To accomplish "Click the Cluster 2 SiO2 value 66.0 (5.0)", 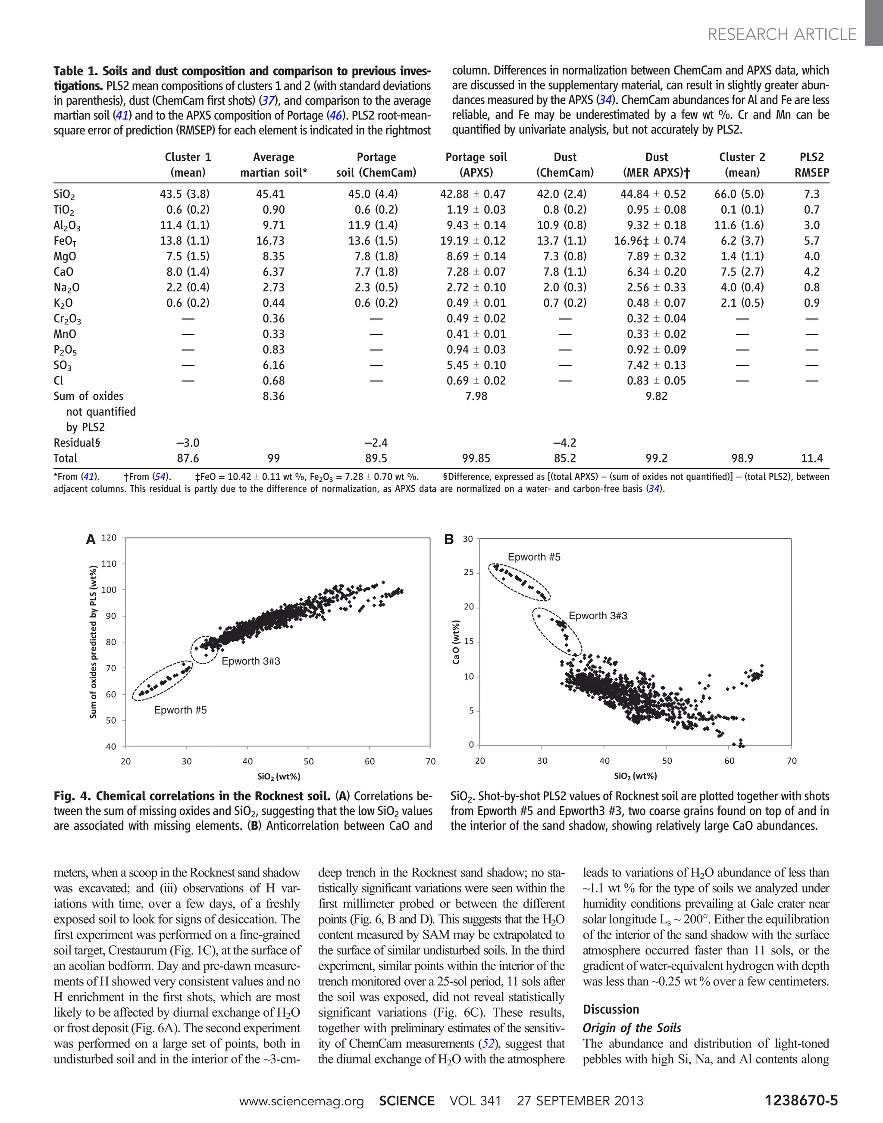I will (x=742, y=194).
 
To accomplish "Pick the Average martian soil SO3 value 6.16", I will (x=273, y=365).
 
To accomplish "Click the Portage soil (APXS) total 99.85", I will (x=476, y=459).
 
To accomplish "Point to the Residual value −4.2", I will (x=564, y=443).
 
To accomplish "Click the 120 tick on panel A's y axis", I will (x=109, y=537).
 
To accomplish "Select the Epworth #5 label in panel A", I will (x=180, y=710).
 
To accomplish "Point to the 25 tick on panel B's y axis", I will (x=468, y=572).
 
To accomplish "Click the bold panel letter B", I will (x=449, y=540).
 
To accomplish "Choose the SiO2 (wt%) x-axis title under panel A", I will (x=279, y=776).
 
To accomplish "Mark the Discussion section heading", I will (x=611, y=1009).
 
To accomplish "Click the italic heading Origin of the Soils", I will (x=632, y=1028).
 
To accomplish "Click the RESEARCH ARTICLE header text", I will (x=782, y=34).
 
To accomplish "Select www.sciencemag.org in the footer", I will (x=301, y=1101).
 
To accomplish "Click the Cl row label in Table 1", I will (x=58, y=381).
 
